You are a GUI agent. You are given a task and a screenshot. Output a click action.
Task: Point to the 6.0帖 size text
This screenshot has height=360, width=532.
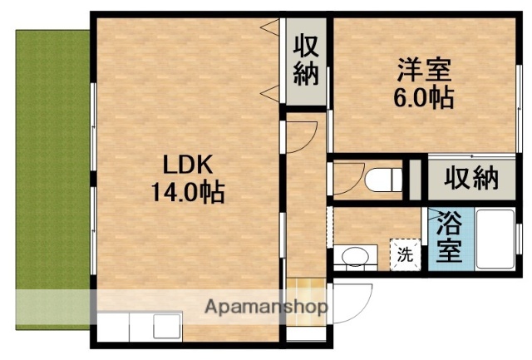click(x=423, y=98)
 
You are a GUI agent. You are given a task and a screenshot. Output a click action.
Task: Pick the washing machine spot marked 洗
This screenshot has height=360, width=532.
click(x=405, y=254)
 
